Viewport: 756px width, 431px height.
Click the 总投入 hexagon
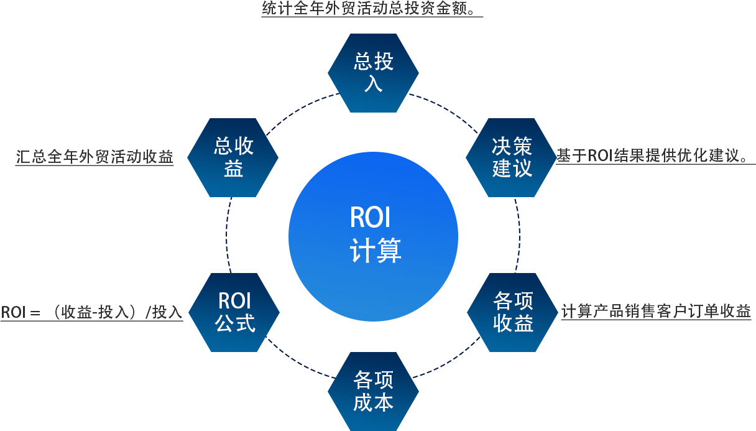373,73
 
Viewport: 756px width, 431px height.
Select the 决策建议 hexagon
512,157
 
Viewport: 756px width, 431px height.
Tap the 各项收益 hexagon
513,312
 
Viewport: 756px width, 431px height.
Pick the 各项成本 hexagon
373,391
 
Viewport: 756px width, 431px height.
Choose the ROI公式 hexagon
234,312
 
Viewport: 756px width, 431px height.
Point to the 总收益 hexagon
233,157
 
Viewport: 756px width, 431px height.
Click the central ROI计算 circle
373,236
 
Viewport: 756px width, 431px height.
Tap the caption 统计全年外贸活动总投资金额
372,11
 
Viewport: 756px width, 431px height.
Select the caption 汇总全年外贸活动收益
94,157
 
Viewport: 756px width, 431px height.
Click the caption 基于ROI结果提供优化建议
655,155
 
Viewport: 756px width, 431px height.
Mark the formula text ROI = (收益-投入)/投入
91,312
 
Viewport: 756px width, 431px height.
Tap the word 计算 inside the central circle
375,251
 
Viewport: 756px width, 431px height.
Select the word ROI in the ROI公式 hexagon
234,301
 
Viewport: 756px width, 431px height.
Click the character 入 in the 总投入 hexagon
373,83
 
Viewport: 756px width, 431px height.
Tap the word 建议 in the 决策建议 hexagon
512,169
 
